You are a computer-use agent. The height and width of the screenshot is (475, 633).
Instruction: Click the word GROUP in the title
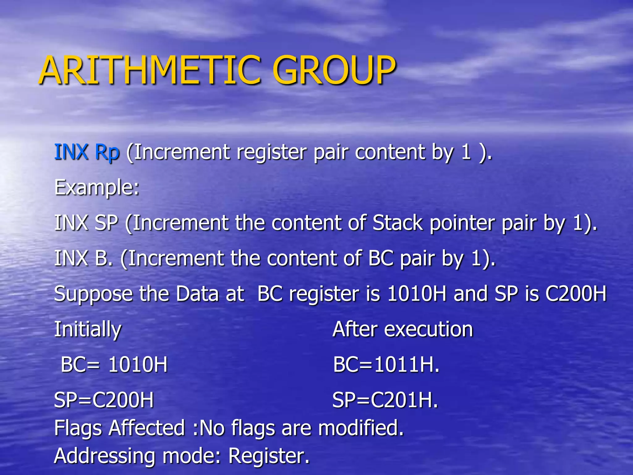pos(334,70)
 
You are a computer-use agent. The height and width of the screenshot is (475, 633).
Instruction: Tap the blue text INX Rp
pos(87,152)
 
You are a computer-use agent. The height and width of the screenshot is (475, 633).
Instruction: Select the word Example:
pos(97,188)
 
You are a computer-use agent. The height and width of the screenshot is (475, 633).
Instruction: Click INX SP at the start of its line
pos(86,223)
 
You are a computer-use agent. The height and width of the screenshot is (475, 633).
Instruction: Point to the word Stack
pos(397,223)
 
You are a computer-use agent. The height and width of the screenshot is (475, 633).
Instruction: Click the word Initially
pos(88,330)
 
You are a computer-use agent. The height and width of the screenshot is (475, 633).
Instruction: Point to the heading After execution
pos(403,329)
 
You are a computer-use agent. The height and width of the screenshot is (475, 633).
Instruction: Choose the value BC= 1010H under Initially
pos(114,365)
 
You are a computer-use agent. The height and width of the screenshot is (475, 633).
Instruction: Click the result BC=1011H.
pos(386,365)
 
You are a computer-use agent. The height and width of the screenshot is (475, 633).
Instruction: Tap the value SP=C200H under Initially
pos(104,400)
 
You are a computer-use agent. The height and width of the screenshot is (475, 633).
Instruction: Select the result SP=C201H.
pos(385,400)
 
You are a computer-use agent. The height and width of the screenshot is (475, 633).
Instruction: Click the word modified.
pos(361,428)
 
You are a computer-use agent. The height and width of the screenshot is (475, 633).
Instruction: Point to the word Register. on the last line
pos(269,456)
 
